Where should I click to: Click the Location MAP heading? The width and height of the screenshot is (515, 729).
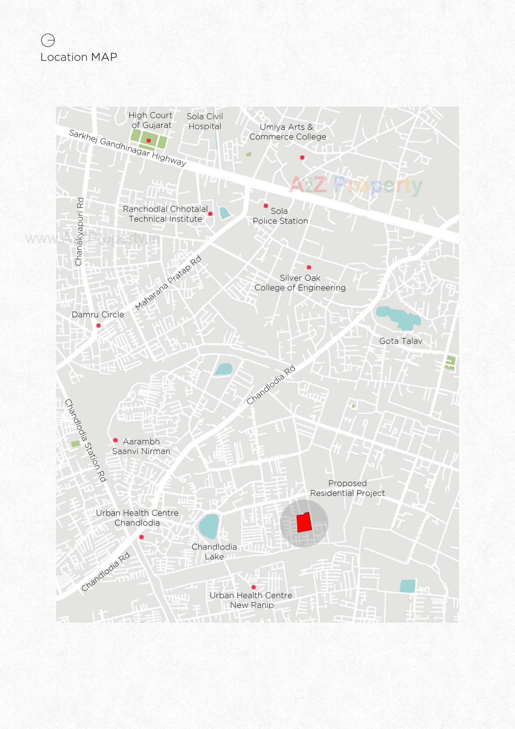click(x=79, y=57)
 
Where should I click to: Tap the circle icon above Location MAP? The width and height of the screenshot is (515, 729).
click(x=48, y=40)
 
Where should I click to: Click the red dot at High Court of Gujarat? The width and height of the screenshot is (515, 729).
click(x=149, y=140)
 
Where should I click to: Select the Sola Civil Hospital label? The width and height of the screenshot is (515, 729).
click(x=205, y=121)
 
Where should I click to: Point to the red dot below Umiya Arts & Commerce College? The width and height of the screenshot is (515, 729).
click(x=302, y=158)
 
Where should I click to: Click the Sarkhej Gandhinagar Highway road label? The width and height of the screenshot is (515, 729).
click(x=127, y=148)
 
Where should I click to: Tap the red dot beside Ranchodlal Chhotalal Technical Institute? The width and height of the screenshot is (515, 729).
click(x=210, y=214)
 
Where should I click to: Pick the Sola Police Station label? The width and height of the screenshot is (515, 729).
click(x=280, y=216)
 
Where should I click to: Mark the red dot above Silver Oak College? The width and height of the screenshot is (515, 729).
click(x=309, y=267)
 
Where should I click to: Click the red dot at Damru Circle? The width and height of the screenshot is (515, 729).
click(x=98, y=325)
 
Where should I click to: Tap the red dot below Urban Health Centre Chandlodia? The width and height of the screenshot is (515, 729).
click(x=142, y=537)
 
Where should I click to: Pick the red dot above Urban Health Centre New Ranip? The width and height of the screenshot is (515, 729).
click(x=253, y=587)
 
